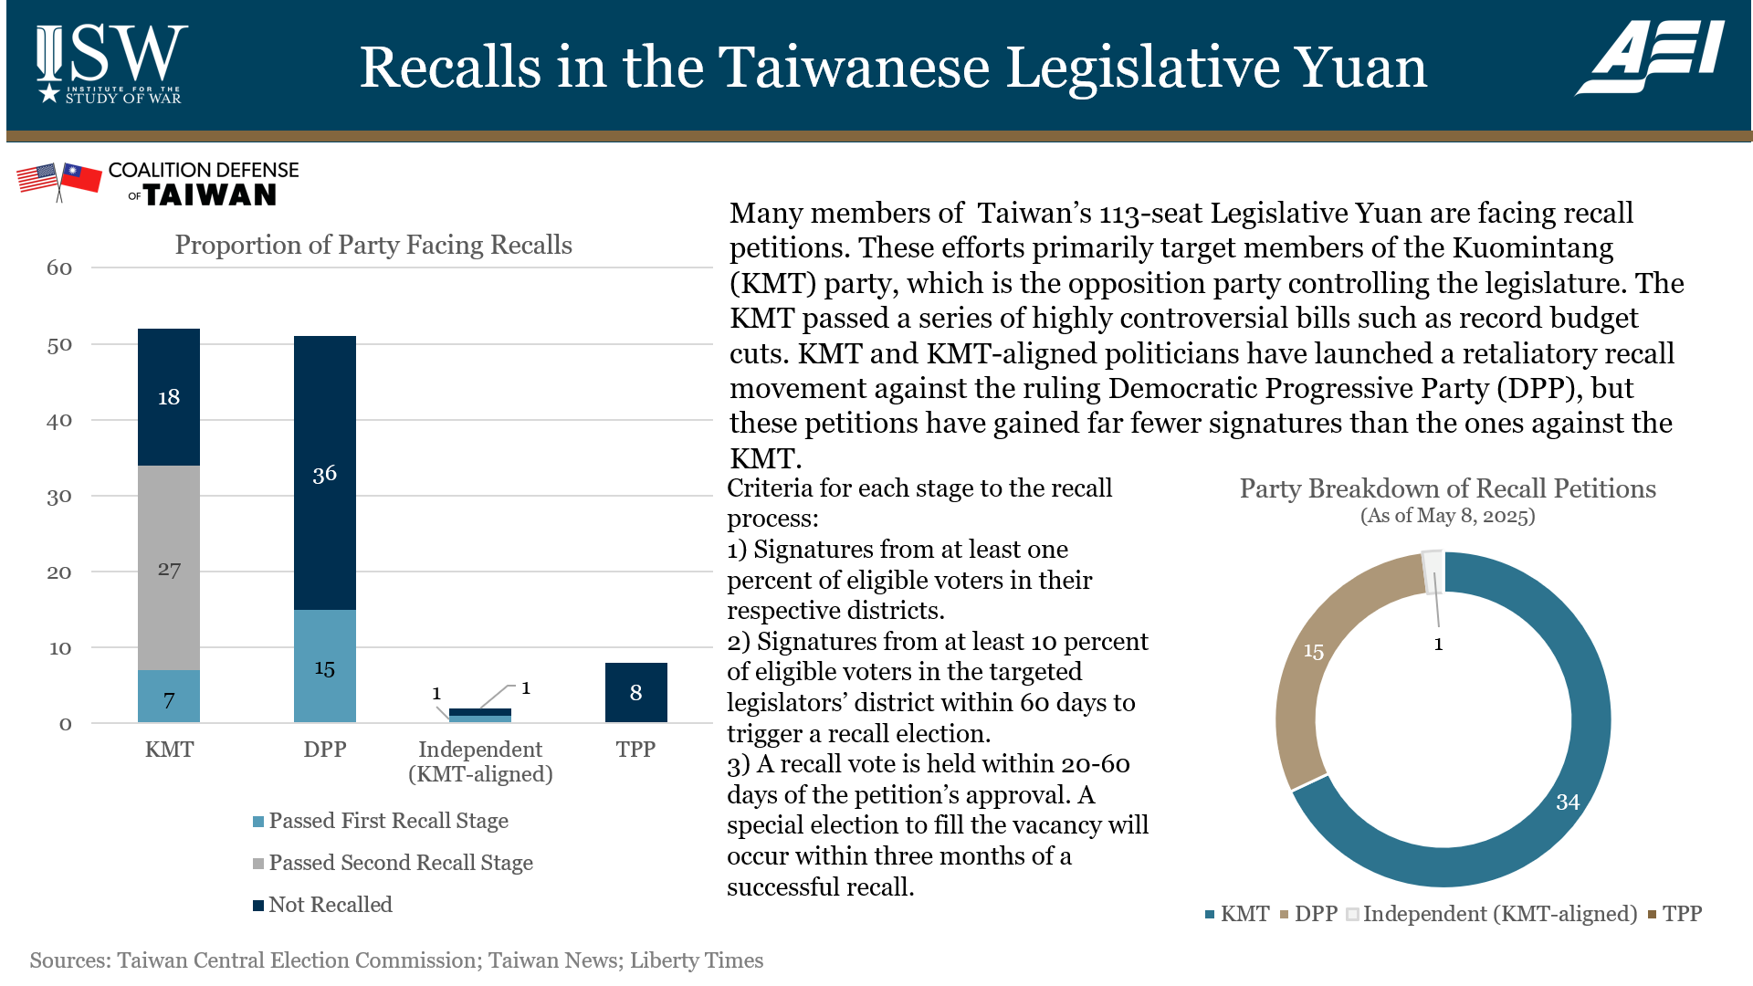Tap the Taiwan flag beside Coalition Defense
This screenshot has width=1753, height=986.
tap(80, 178)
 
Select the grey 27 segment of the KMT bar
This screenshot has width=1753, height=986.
tap(169, 568)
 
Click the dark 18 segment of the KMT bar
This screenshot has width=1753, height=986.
tap(169, 397)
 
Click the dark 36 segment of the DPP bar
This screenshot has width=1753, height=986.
tap(325, 473)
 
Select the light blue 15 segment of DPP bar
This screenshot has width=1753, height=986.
tap(325, 666)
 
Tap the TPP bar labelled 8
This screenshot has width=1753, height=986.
tap(636, 692)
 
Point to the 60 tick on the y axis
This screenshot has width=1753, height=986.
tap(59, 268)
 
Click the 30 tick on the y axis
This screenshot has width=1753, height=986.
tap(59, 497)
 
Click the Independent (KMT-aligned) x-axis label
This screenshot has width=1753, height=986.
tap(480, 761)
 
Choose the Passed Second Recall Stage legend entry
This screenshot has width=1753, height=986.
tap(393, 863)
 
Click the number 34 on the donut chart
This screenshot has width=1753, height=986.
tap(1568, 802)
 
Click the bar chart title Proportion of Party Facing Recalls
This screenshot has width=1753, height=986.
tap(373, 245)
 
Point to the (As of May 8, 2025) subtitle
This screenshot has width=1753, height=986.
tap(1447, 516)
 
